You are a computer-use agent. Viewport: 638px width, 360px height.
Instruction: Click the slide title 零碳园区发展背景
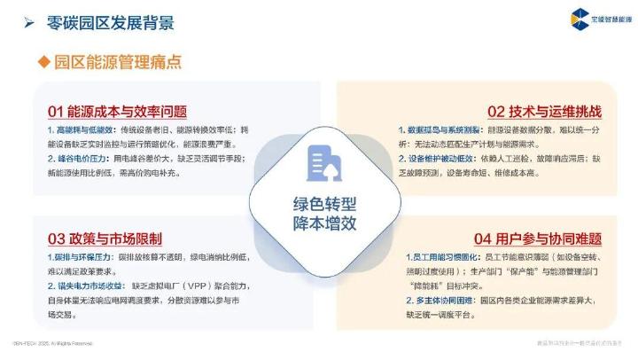110,22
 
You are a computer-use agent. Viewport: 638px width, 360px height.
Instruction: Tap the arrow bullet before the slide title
29,22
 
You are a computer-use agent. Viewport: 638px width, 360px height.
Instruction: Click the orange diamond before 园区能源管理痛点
43,62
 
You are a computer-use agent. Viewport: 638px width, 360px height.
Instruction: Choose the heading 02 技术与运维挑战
544,112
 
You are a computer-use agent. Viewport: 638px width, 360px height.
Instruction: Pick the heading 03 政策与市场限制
105,239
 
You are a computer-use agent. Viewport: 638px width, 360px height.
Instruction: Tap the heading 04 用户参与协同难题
538,239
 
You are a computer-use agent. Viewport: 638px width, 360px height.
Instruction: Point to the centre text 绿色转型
318,201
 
